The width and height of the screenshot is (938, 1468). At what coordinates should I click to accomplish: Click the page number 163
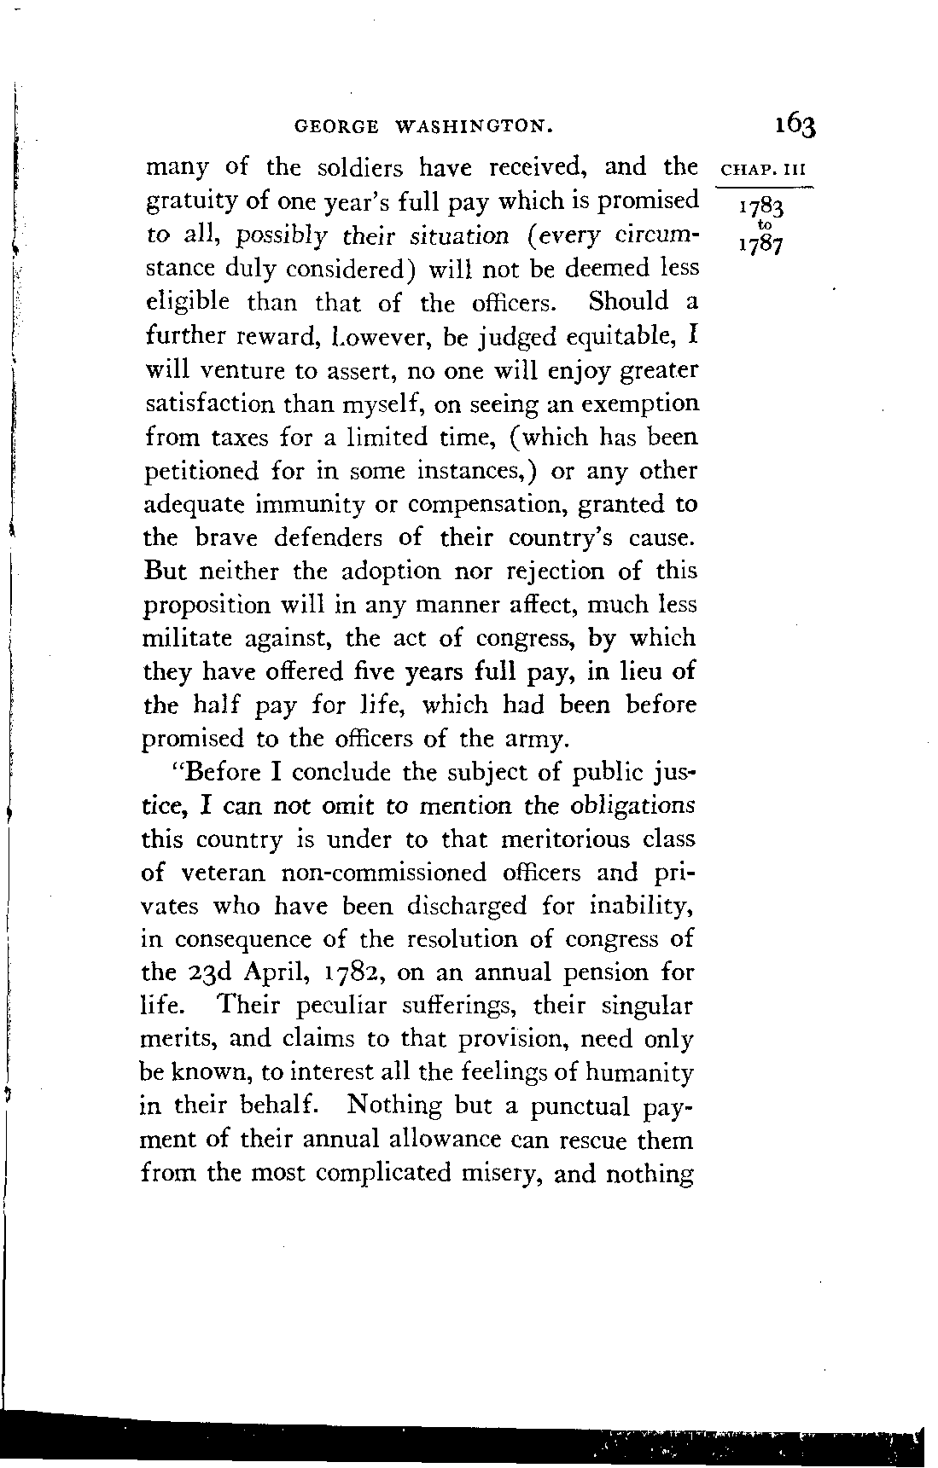[x=795, y=125]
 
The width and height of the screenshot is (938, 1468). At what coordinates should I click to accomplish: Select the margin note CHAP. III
[x=758, y=168]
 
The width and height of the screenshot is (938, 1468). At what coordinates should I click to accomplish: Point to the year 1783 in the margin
[x=756, y=209]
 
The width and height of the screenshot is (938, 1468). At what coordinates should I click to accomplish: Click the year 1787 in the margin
[x=756, y=245]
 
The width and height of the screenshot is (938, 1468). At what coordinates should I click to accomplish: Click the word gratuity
[x=182, y=201]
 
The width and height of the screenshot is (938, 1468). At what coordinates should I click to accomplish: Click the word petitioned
[x=200, y=471]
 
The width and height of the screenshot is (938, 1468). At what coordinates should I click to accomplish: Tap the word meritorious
[x=581, y=839]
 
